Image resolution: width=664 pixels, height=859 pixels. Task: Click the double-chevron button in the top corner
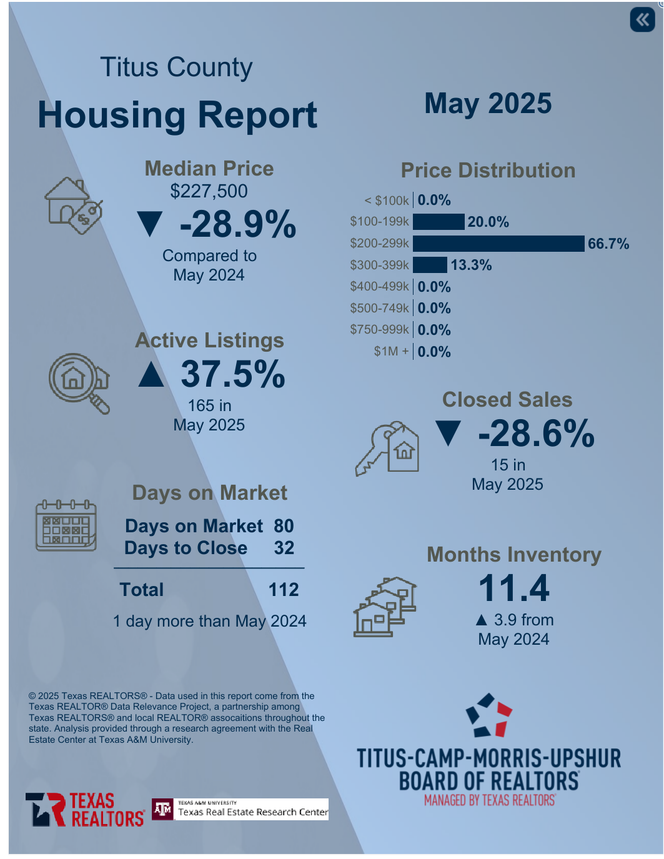pyautogui.click(x=642, y=19)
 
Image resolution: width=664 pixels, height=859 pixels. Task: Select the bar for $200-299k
pyautogui.click(x=498, y=244)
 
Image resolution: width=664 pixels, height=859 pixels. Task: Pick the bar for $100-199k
pyautogui.click(x=439, y=222)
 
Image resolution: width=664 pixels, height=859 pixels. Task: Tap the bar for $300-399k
pyautogui.click(x=430, y=265)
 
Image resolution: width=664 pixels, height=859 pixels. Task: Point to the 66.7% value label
pyautogui.click(x=608, y=244)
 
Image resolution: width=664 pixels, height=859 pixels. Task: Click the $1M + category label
pyautogui.click(x=391, y=352)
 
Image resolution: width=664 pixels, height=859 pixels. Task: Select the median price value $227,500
pyautogui.click(x=209, y=191)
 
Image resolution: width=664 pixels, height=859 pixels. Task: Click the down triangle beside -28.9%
pyautogui.click(x=150, y=224)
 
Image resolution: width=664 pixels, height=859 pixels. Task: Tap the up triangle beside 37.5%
pyautogui.click(x=151, y=374)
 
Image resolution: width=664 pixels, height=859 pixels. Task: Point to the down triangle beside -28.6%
pyautogui.click(x=448, y=434)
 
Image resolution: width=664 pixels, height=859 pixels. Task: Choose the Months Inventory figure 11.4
pyautogui.click(x=513, y=588)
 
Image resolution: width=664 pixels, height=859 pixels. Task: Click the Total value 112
pyautogui.click(x=284, y=590)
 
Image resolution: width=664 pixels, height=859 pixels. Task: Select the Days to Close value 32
pyautogui.click(x=284, y=548)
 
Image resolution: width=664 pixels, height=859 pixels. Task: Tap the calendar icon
pyautogui.click(x=66, y=525)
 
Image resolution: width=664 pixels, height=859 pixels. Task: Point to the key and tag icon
pyautogui.click(x=387, y=448)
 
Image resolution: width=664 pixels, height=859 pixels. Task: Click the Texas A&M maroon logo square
pyautogui.click(x=162, y=810)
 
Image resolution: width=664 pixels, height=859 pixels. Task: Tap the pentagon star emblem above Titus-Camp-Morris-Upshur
pyautogui.click(x=488, y=715)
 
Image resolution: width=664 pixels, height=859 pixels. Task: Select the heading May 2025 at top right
pyautogui.click(x=488, y=104)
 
